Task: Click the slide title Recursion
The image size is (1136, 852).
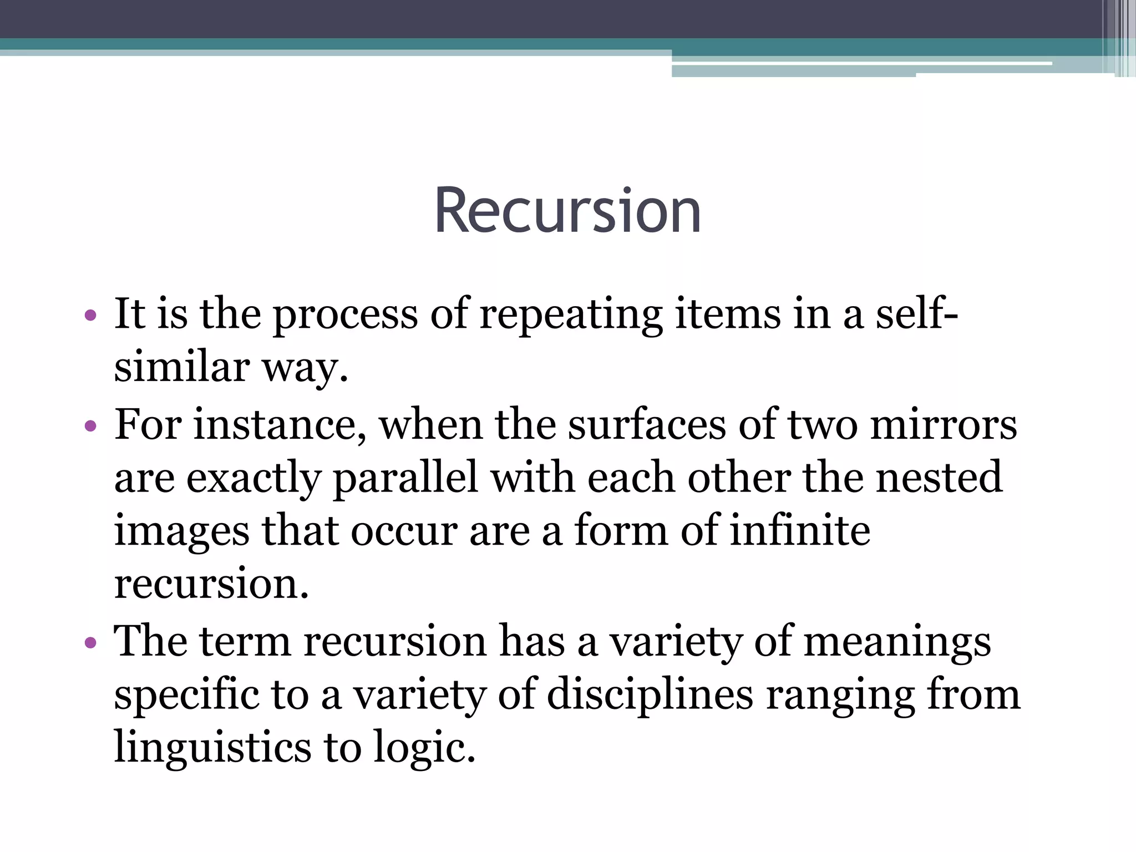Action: point(567,211)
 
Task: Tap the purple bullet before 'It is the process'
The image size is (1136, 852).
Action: point(90,316)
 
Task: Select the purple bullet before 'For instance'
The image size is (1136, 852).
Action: point(90,427)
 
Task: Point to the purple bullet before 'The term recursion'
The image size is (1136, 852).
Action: point(90,643)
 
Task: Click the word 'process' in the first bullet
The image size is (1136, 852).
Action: point(346,315)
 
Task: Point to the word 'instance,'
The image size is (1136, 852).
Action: point(280,425)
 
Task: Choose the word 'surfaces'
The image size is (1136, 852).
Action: point(647,425)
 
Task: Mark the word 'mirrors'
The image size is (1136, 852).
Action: point(944,425)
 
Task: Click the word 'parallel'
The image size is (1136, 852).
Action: point(405,478)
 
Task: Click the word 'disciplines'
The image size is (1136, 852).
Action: point(650,695)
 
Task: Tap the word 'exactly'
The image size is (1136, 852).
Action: point(253,478)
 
